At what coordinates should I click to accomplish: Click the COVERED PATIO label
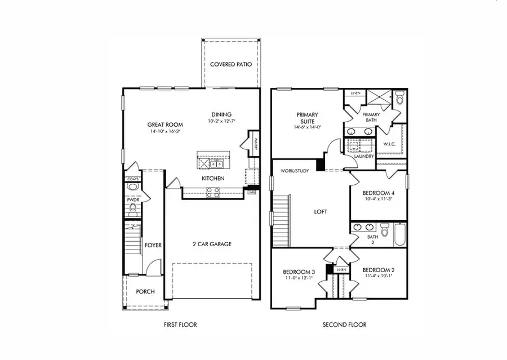230,64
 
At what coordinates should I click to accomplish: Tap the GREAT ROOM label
163,125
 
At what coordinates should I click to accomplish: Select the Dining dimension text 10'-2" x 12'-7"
221,121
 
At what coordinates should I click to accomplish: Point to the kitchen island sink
216,163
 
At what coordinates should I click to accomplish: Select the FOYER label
153,245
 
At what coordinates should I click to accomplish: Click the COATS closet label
132,179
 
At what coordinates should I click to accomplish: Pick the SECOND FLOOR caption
344,325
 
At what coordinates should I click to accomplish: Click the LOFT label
321,212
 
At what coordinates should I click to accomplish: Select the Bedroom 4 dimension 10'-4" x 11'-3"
377,198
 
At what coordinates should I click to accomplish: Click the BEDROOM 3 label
299,272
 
